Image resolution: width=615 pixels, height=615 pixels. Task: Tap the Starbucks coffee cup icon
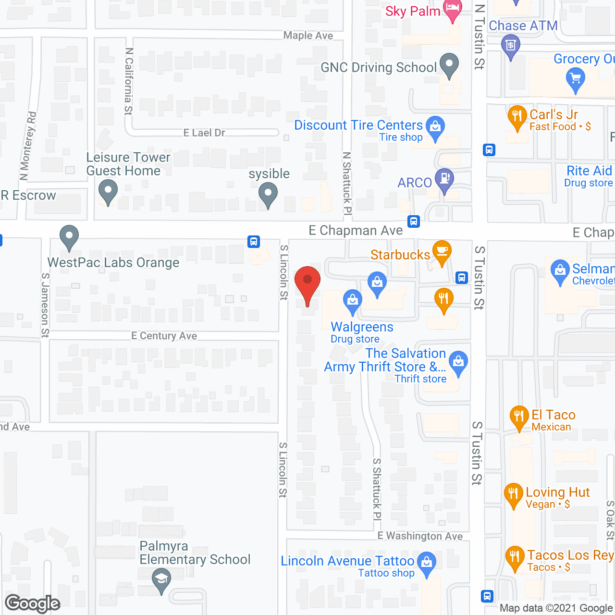(442, 251)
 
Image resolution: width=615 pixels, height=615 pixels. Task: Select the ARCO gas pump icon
(444, 179)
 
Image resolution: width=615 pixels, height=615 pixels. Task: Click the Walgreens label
(362, 327)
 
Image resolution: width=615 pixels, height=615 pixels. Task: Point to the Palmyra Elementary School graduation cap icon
(161, 579)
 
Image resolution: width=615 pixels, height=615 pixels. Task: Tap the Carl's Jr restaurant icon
(517, 116)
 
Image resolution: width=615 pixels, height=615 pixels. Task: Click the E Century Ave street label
(164, 336)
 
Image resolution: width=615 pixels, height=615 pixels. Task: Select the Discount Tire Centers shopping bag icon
(435, 127)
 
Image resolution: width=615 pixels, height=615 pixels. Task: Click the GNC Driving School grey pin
(449, 64)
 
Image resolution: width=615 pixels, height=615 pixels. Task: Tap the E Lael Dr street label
(204, 133)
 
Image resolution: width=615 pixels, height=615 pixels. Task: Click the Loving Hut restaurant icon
(514, 494)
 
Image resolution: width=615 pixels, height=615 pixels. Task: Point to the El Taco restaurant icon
(519, 416)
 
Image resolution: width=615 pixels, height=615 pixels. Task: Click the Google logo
(33, 603)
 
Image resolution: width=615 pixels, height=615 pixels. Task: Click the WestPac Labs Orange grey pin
(69, 236)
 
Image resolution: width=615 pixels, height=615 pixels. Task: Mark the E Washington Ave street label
(420, 536)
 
